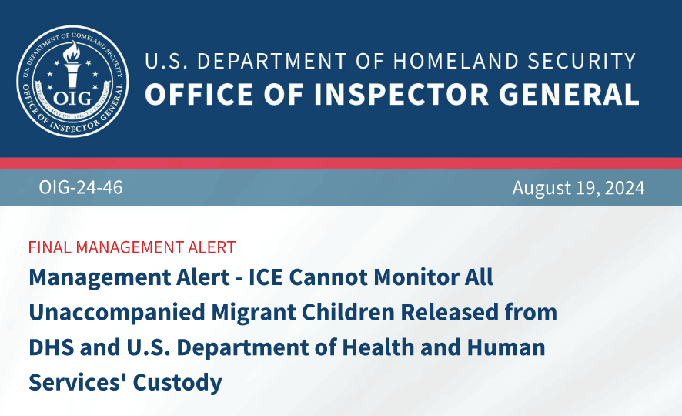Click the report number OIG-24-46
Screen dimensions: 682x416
pyautogui.click(x=81, y=187)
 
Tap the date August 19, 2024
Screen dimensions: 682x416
pyautogui.click(x=578, y=188)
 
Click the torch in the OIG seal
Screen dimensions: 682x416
pyautogui.click(x=72, y=65)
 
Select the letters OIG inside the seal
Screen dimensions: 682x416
pyautogui.click(x=72, y=99)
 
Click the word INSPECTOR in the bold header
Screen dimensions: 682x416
pyautogui.click(x=402, y=95)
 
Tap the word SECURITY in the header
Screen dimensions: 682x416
pyautogui.click(x=582, y=62)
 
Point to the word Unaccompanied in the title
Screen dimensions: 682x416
pyautogui.click(x=116, y=313)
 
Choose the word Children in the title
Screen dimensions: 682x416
pyautogui.click(x=347, y=312)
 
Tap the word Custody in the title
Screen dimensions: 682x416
pyautogui.click(x=178, y=383)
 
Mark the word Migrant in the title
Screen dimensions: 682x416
pyautogui.click(x=253, y=313)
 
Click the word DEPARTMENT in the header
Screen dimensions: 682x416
pyautogui.click(x=272, y=62)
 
